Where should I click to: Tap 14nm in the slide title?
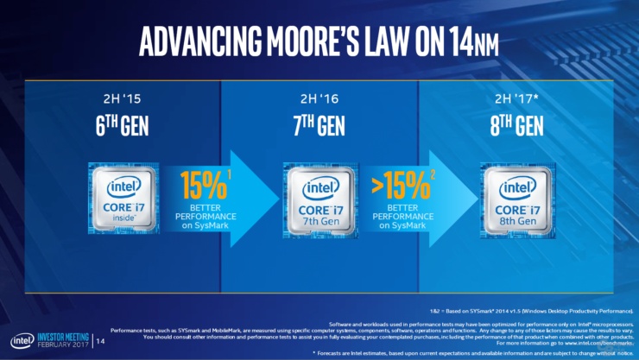(x=474, y=40)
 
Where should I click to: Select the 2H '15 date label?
(x=122, y=98)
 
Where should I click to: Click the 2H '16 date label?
(x=319, y=98)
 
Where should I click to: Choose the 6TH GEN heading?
(x=122, y=127)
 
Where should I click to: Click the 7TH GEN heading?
(x=319, y=127)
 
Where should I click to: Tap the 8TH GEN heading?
(x=517, y=127)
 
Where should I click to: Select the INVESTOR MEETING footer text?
(x=73, y=336)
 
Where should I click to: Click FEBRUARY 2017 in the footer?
(x=73, y=345)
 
